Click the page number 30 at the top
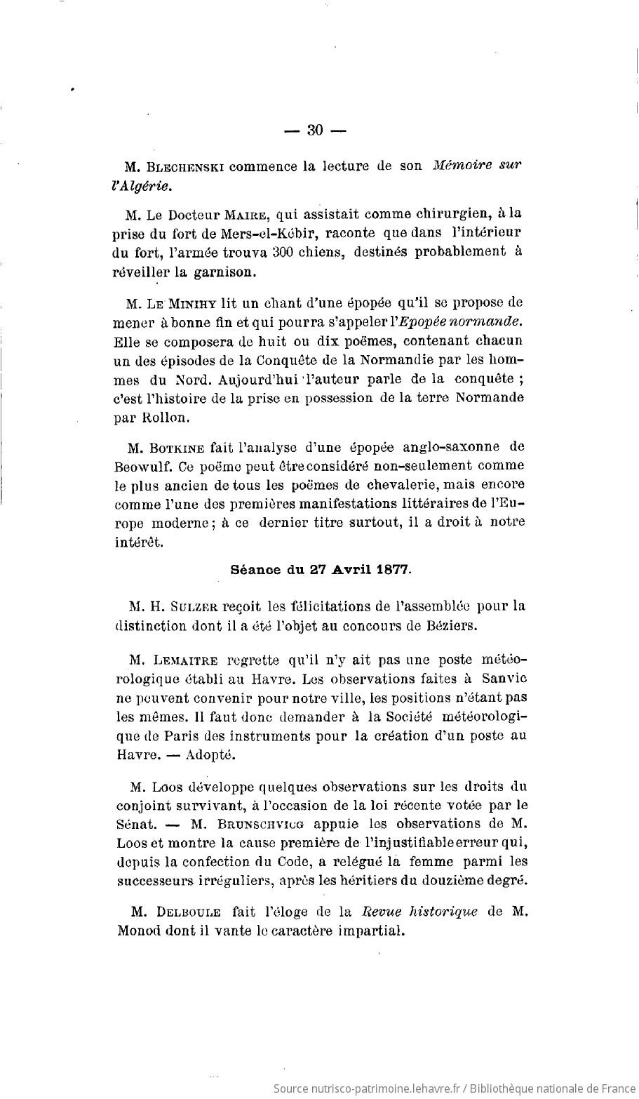point(314,130)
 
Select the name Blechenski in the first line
point(185,167)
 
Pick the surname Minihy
point(193,303)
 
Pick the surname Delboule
point(187,912)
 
